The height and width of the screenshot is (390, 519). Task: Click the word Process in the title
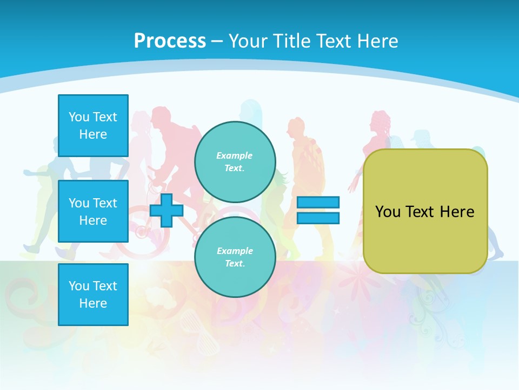(x=170, y=41)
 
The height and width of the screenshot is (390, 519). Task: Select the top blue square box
(x=93, y=126)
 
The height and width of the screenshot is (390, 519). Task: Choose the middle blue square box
(x=93, y=211)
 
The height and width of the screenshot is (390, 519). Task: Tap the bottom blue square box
(x=93, y=295)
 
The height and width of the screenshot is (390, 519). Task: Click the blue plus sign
(x=167, y=210)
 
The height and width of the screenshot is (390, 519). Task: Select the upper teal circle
(x=235, y=161)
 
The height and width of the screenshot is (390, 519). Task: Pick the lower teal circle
(x=235, y=257)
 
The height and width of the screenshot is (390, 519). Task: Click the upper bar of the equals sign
(x=318, y=203)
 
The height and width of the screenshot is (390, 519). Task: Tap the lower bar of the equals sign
(x=318, y=218)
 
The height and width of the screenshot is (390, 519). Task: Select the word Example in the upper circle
(x=234, y=155)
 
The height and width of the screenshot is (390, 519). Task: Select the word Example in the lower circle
(x=234, y=251)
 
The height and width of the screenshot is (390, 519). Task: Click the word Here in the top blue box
(x=93, y=134)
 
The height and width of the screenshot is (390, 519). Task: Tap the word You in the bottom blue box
(x=78, y=286)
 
